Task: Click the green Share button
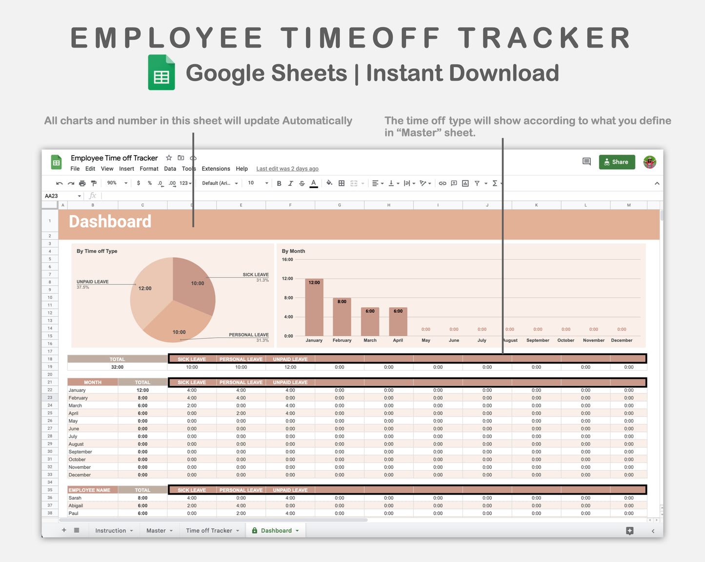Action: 617,162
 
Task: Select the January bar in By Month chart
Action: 314,307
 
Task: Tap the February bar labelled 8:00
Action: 342,317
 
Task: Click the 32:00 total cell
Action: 117,367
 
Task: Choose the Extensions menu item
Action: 216,169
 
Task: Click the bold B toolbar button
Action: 279,183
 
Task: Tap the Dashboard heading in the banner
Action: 110,221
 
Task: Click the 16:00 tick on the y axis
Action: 287,260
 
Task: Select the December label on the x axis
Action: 622,341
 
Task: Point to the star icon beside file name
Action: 169,158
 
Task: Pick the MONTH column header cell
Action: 93,382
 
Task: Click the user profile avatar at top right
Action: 649,162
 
